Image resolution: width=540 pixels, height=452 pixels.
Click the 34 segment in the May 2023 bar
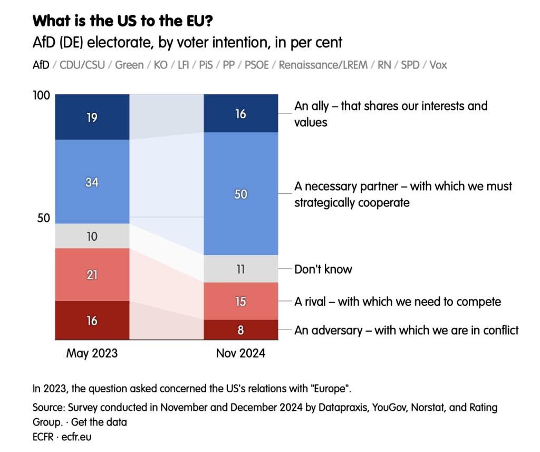[92, 182]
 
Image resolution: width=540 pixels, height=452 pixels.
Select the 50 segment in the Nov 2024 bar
[240, 194]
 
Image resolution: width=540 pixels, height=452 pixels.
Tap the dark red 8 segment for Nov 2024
[240, 329]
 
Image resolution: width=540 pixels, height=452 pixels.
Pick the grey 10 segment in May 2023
[92, 236]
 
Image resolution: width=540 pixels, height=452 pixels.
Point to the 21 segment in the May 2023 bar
[92, 275]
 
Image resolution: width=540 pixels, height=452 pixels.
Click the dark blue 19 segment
[92, 117]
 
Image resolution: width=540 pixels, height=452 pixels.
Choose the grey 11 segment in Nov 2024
[240, 269]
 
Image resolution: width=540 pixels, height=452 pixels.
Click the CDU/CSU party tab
[83, 65]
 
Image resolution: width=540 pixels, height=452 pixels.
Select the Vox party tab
[438, 65]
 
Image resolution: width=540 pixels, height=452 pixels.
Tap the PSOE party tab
[256, 65]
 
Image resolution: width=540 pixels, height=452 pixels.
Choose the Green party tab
[129, 65]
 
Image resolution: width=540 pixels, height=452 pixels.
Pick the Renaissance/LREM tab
[323, 65]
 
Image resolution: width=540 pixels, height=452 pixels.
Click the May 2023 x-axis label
[92, 354]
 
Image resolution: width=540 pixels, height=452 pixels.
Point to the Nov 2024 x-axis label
[240, 354]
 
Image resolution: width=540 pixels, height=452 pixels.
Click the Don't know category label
[323, 269]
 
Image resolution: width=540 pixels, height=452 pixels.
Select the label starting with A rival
[397, 302]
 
